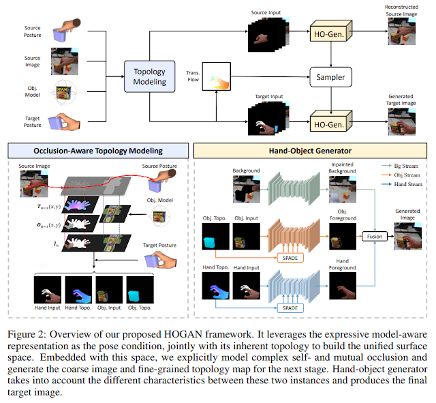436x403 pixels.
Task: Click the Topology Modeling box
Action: [x=150, y=76]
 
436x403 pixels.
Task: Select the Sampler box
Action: [x=330, y=77]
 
